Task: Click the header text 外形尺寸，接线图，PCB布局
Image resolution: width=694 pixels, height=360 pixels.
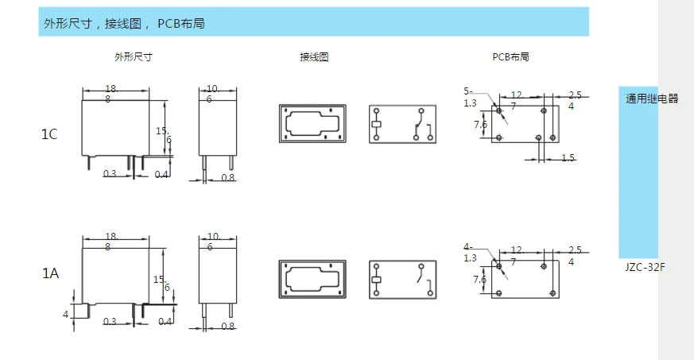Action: [123, 24]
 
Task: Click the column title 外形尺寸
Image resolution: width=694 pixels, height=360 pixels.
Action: [133, 57]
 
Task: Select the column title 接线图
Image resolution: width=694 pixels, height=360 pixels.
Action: [314, 57]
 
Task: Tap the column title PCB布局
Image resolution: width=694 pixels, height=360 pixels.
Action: [510, 57]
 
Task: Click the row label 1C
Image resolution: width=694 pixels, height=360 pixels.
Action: [49, 134]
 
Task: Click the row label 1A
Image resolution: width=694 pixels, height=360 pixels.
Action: [49, 273]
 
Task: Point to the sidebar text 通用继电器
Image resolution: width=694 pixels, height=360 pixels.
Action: [652, 99]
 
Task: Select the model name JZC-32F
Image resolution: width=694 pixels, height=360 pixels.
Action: [645, 267]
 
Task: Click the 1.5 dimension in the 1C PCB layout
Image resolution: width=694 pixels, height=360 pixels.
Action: [568, 158]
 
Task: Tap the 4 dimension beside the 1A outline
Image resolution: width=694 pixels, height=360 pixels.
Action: [66, 315]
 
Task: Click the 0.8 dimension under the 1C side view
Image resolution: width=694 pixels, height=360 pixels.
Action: [228, 177]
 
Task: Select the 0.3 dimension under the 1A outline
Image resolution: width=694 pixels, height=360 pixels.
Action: [110, 321]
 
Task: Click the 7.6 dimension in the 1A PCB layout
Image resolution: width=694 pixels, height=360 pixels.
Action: [480, 280]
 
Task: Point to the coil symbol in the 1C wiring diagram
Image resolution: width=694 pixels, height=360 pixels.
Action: [376, 124]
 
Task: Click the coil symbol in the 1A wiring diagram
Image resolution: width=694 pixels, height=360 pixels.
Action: [376, 279]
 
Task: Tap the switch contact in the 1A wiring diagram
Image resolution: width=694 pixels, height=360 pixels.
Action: [418, 278]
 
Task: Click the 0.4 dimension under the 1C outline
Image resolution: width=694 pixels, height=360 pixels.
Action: [162, 173]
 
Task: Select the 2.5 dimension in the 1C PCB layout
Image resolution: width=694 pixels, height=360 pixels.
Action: [575, 95]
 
